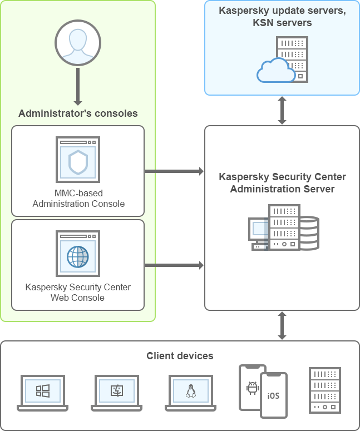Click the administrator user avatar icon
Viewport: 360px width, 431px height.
click(x=78, y=43)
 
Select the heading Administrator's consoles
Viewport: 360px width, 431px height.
click(x=78, y=113)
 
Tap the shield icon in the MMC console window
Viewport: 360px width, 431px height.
click(x=78, y=162)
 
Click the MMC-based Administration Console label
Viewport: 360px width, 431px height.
click(x=78, y=199)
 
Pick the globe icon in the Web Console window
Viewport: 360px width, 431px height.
click(x=78, y=256)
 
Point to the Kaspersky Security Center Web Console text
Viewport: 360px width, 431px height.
click(x=78, y=293)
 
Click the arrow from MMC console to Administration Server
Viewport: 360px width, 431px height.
click(x=175, y=171)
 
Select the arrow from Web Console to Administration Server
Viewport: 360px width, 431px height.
click(x=175, y=265)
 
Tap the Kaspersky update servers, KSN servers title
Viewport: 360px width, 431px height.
click(x=282, y=17)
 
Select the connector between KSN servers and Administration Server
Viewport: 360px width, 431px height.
click(x=282, y=110)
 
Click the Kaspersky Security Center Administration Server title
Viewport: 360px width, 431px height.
click(x=282, y=183)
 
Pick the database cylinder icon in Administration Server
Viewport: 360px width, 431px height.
click(x=309, y=233)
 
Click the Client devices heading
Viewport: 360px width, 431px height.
click(x=180, y=356)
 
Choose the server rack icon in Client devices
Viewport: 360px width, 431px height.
click(x=324, y=390)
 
